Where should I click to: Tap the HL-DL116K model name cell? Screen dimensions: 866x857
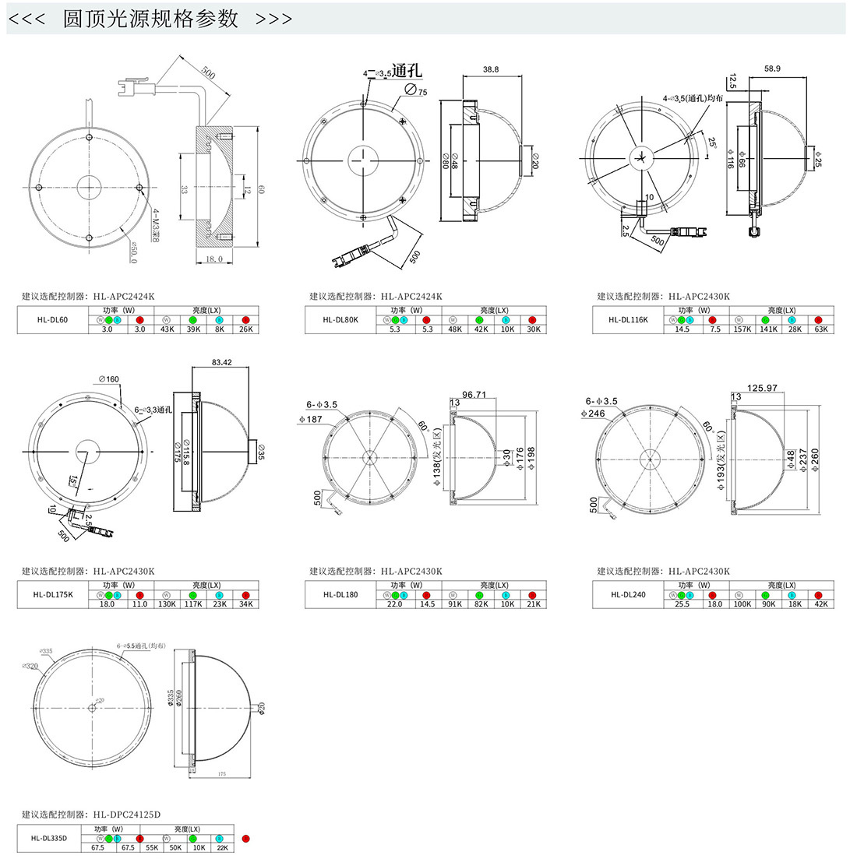pyautogui.click(x=628, y=319)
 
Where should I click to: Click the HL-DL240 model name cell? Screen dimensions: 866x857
pyautogui.click(x=628, y=593)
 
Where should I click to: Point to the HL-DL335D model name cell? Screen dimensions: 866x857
pyautogui.click(x=49, y=838)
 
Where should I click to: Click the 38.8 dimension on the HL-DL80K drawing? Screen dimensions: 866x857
pyautogui.click(x=491, y=69)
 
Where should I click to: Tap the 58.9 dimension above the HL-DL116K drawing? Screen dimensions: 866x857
pyautogui.click(x=772, y=69)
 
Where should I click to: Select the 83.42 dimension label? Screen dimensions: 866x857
pyautogui.click(x=220, y=362)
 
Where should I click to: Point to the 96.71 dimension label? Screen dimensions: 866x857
pyautogui.click(x=474, y=394)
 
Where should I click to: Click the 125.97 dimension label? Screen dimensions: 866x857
pyautogui.click(x=762, y=388)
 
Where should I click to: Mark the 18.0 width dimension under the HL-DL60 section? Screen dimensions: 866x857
pyautogui.click(x=213, y=259)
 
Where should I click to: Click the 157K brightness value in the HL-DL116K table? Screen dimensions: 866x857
pyautogui.click(x=742, y=329)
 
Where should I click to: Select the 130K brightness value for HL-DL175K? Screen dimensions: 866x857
pyautogui.click(x=167, y=604)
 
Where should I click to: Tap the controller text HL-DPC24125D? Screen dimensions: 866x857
pyautogui.click(x=127, y=815)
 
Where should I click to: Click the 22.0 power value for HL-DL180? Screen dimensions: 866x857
pyautogui.click(x=395, y=604)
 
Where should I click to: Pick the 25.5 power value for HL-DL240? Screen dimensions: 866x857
pyautogui.click(x=682, y=604)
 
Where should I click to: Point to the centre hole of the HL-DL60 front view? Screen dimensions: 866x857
pyautogui.click(x=89, y=187)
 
